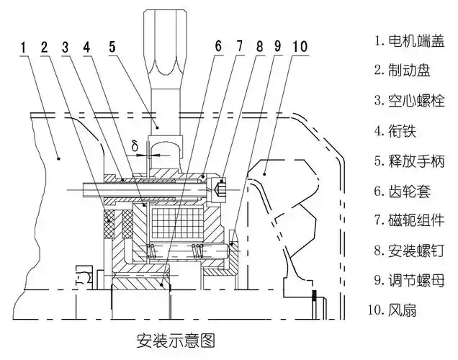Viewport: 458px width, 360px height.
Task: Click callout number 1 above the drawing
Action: pos(24,48)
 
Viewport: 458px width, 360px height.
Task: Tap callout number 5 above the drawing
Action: pos(112,48)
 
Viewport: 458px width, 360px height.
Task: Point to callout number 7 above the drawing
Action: pos(240,48)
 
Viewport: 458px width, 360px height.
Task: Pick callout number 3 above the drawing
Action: pos(66,48)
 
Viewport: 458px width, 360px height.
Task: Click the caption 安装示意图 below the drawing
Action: pos(176,337)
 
